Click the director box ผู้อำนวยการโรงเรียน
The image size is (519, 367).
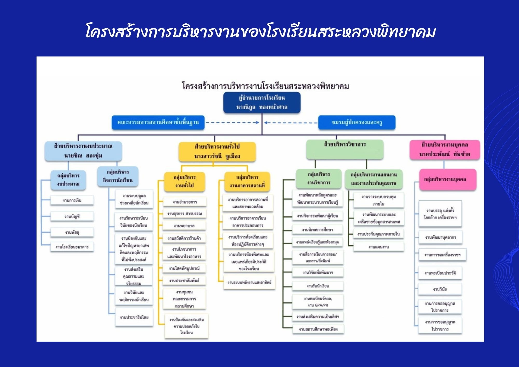coord(262,103)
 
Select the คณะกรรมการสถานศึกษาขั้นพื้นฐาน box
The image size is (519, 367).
coord(158,122)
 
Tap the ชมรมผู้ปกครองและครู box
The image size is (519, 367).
coord(357,122)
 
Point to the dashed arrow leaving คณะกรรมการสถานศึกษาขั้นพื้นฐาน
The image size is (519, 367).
coord(232,123)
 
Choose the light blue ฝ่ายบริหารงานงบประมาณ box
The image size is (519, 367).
coord(83,151)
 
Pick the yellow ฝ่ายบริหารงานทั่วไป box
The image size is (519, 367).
coord(217,151)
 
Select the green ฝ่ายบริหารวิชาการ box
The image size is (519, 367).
coord(345,149)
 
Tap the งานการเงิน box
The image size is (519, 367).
coord(72,200)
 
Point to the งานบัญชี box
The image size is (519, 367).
coord(72,216)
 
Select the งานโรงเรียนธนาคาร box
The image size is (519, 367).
coord(72,247)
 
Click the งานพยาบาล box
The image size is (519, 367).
coord(184,226)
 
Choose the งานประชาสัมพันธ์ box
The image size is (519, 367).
coord(184,281)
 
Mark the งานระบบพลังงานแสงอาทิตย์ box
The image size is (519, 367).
coord(249,282)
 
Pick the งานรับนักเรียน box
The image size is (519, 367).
coord(318,286)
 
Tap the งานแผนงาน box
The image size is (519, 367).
coord(378,247)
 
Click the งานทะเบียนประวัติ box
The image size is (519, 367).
coord(440,273)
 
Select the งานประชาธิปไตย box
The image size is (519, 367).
coord(134,317)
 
